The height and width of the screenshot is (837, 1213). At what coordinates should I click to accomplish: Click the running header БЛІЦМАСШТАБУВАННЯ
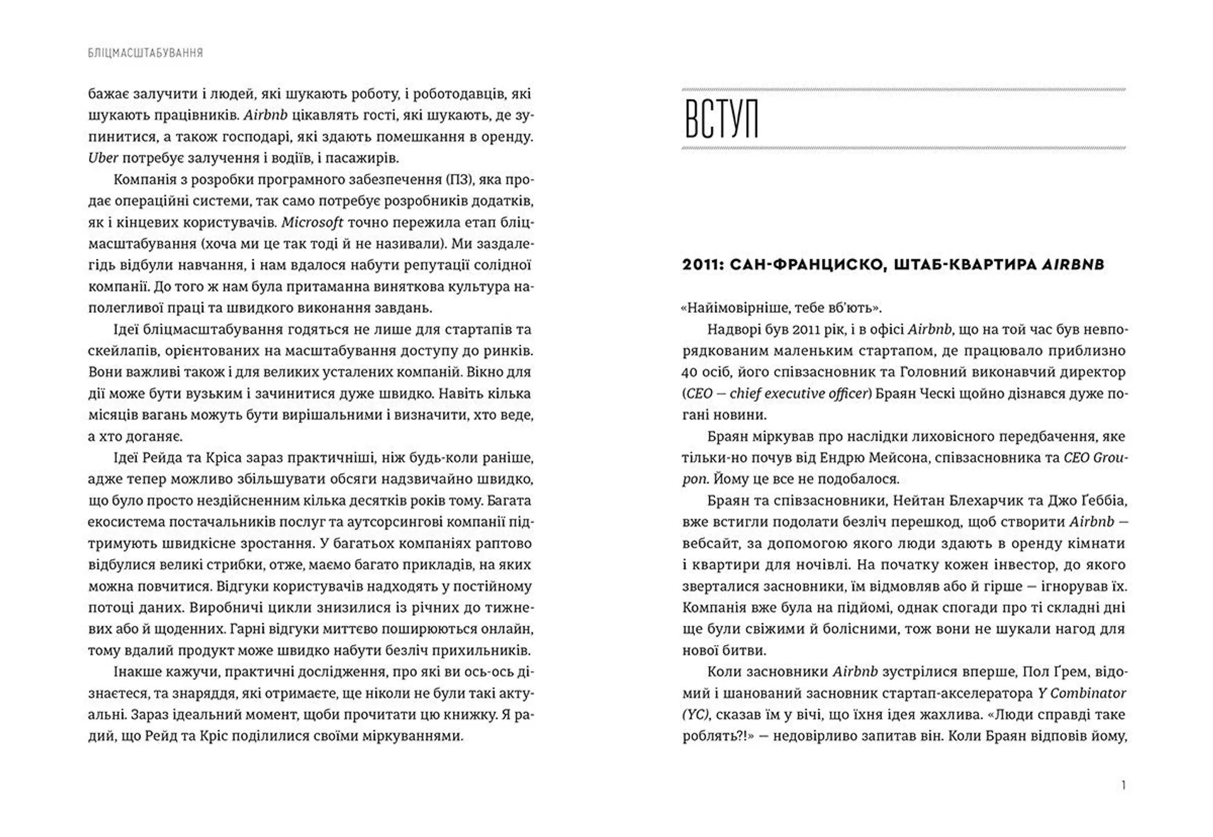(145, 53)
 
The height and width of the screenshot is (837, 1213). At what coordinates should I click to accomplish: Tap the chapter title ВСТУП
(721, 119)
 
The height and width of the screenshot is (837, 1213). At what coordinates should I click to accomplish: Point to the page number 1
(1123, 785)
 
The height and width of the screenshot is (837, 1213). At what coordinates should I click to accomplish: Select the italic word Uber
(103, 158)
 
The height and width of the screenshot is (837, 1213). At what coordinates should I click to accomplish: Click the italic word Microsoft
(312, 222)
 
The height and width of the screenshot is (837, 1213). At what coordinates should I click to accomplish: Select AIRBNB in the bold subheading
(1072, 265)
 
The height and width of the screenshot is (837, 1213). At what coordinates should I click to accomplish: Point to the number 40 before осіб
(690, 372)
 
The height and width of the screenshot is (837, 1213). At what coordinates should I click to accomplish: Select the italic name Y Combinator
(1082, 693)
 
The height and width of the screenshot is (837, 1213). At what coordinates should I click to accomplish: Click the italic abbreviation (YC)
(696, 714)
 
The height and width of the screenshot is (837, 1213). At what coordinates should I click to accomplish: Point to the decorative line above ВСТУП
(903, 90)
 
